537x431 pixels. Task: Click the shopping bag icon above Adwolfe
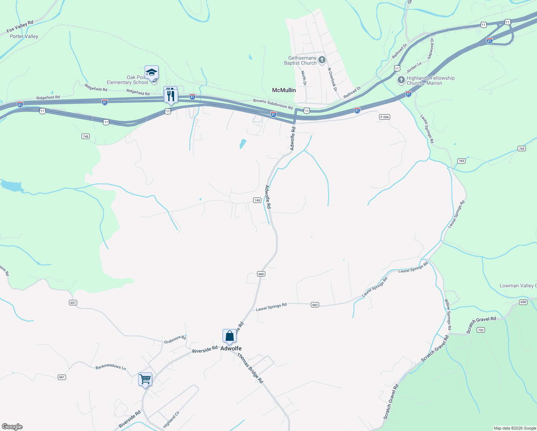pyautogui.click(x=229, y=336)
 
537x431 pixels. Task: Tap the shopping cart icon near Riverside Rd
pyautogui.click(x=145, y=379)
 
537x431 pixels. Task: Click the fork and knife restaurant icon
pyautogui.click(x=171, y=96)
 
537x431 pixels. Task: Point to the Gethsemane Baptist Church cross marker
pyautogui.click(x=322, y=60)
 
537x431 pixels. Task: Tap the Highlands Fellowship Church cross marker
pyautogui.click(x=401, y=80)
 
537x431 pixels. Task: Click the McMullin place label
pyautogui.click(x=284, y=90)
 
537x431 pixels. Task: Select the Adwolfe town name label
pyautogui.click(x=231, y=348)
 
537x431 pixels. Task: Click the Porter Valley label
pyautogui.click(x=24, y=36)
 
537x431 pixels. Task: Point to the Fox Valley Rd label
pyautogui.click(x=20, y=27)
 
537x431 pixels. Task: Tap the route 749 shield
pyautogui.click(x=257, y=200)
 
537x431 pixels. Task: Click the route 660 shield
pyautogui.click(x=261, y=274)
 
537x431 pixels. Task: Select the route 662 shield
pyautogui.click(x=315, y=305)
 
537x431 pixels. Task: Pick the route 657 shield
pyautogui.click(x=73, y=303)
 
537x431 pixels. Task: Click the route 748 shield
pyautogui.click(x=85, y=136)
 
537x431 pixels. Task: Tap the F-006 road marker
pyautogui.click(x=384, y=117)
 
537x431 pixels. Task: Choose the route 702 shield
pyautogui.click(x=481, y=330)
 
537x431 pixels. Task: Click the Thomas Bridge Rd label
pyautogui.click(x=250, y=368)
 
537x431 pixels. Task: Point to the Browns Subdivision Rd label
pyautogui.click(x=273, y=104)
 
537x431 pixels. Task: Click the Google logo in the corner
pyautogui.click(x=12, y=427)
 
